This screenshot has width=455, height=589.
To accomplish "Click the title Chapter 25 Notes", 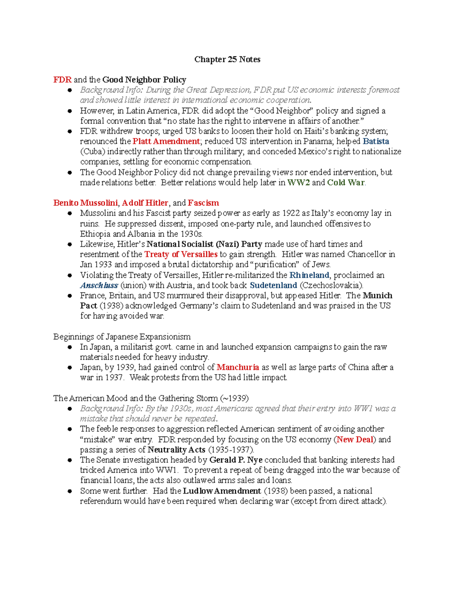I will click(x=227, y=59).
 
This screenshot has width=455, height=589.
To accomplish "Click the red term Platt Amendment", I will click(x=166, y=141).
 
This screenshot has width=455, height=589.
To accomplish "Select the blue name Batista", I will click(x=376, y=141).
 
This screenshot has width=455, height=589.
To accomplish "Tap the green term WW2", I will click(x=298, y=182).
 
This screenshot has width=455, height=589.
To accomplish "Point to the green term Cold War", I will click(x=346, y=182).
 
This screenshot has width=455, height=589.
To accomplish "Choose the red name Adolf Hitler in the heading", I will click(x=145, y=203).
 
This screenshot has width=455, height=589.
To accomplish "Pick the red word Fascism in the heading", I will click(x=203, y=203).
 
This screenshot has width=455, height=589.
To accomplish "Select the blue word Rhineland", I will click(x=309, y=275).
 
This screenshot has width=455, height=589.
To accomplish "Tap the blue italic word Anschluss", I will click(x=99, y=285).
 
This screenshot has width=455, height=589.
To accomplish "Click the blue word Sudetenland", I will click(x=273, y=285).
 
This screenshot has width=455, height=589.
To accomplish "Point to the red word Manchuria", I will click(x=238, y=367).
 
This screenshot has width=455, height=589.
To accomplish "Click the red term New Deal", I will click(x=355, y=440).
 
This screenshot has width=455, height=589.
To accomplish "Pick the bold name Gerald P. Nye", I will click(x=236, y=460).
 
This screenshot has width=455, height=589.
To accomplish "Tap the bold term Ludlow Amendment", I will click(x=222, y=491).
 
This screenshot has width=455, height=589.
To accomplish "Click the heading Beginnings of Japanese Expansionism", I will click(x=122, y=337).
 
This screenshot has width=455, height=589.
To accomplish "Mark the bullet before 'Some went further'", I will click(x=70, y=491).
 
